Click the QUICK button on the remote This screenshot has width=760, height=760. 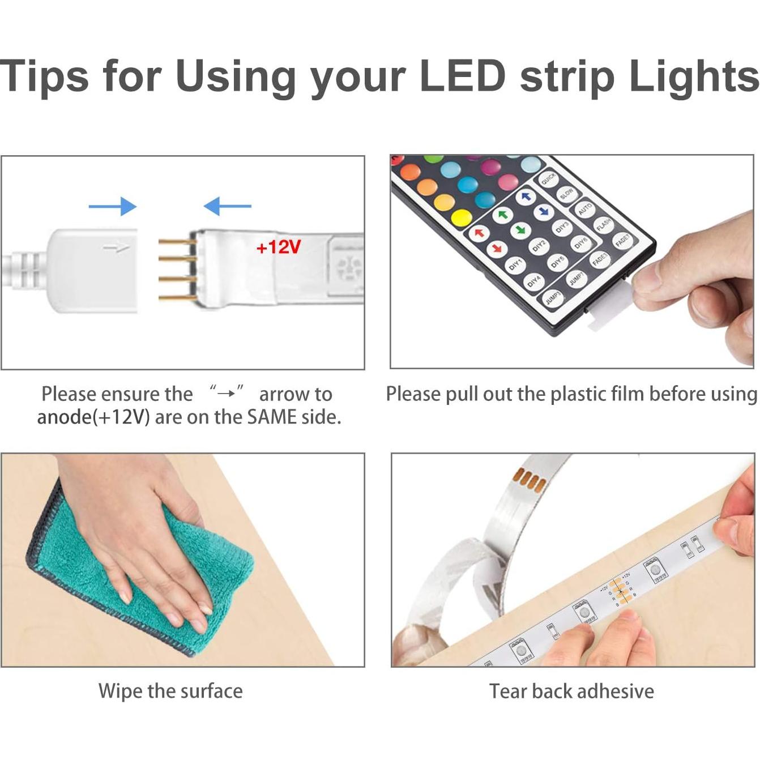[x=548, y=179]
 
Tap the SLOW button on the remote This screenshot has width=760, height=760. [x=566, y=194]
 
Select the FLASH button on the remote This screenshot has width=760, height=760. [x=604, y=225]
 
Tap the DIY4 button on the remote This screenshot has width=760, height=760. [x=533, y=281]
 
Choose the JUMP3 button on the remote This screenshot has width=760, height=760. [x=552, y=297]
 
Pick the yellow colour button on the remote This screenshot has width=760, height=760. [x=462, y=218]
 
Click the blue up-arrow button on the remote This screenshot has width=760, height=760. [x=526, y=197]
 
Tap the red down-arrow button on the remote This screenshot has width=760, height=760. [x=496, y=247]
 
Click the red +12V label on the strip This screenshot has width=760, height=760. [x=278, y=247]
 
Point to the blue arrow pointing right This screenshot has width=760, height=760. [x=113, y=206]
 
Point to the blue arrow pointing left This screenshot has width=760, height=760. [x=227, y=206]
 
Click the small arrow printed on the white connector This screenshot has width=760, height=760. [x=116, y=247]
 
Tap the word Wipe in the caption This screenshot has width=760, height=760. [x=120, y=691]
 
